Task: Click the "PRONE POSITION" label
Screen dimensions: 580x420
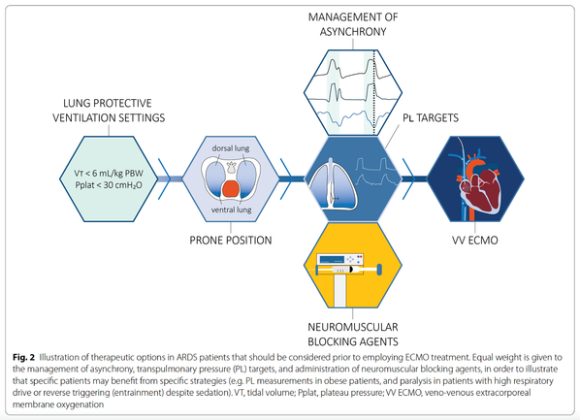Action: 231,241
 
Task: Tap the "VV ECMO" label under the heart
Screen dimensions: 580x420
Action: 475,241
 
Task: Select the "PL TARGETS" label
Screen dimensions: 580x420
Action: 431,117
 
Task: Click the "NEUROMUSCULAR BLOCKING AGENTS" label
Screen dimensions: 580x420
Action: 353,334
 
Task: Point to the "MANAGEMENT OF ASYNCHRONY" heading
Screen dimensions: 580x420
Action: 353,24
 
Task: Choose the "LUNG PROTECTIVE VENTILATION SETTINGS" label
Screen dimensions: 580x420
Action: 109,111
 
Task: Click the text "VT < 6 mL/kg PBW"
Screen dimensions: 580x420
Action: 109,174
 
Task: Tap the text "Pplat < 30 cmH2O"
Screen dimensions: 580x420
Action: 109,185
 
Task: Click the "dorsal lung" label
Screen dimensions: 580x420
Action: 231,148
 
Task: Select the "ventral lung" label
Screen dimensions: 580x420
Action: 231,210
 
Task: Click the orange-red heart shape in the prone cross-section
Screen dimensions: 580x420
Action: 231,189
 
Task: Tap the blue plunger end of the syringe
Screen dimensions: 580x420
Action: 379,270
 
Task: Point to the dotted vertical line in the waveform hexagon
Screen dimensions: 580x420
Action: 374,92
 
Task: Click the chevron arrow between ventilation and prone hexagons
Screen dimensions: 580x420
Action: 165,178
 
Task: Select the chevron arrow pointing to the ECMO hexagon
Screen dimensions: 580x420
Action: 409,178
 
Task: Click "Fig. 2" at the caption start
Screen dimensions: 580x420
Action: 23,358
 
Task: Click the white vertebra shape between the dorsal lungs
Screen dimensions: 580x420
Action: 231,167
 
